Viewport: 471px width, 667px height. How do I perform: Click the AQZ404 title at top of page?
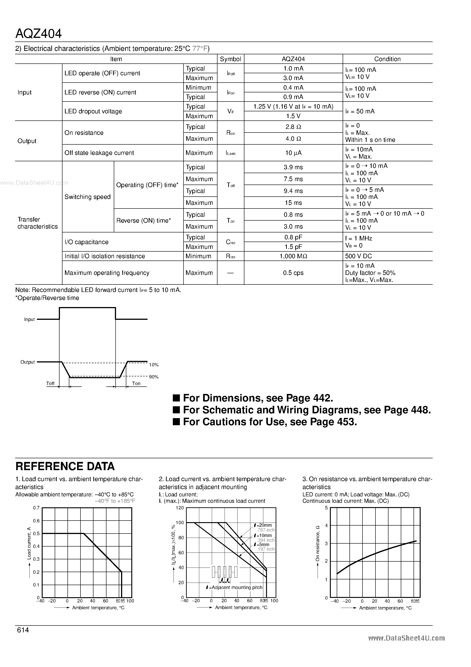point(38,34)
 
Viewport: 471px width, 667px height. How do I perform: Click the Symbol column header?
point(230,59)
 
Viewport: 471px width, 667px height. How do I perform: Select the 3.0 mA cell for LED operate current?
point(293,78)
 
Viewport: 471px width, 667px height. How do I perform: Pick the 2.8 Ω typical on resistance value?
point(293,127)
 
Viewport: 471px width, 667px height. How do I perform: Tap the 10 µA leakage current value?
point(293,153)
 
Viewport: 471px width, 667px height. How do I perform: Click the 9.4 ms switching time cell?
point(293,191)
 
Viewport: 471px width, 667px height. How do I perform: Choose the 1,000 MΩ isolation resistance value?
point(293,256)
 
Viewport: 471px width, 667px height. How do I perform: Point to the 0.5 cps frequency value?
point(293,273)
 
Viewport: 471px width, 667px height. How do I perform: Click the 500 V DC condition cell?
point(358,256)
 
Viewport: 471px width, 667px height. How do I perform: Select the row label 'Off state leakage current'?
point(99,153)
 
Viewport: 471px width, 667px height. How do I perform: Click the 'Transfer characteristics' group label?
point(37,223)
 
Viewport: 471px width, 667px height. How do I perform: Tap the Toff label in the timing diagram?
point(50,383)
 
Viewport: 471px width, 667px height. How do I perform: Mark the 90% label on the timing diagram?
point(154,377)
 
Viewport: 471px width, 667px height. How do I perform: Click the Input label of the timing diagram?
point(29,320)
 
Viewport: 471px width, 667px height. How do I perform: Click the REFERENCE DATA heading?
point(65,466)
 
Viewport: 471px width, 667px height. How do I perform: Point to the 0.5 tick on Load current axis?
point(36,534)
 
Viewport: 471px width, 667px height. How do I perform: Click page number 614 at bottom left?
point(23,630)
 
